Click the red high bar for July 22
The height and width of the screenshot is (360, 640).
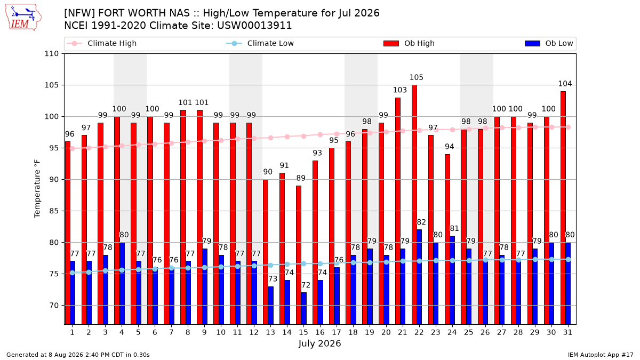[x=414, y=205]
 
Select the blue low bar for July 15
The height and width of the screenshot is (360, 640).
[x=303, y=308]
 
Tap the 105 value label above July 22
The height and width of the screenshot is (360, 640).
[x=417, y=77]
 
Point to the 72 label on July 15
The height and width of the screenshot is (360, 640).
[x=306, y=285]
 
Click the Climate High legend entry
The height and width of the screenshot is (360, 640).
[x=101, y=43]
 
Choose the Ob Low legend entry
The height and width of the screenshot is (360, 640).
[x=549, y=43]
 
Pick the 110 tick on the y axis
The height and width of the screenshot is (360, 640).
[x=51, y=54]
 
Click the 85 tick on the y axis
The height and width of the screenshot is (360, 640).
[x=54, y=211]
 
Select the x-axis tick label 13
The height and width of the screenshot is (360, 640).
[x=270, y=333]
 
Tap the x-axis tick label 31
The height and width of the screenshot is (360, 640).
[x=567, y=333]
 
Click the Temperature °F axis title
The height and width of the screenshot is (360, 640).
[x=37, y=189]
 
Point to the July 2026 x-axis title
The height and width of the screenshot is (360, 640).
[x=319, y=343]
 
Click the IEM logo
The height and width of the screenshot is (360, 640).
[x=23, y=18]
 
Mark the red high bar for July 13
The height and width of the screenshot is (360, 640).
[x=266, y=252]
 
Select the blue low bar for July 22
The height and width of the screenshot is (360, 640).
[x=419, y=277]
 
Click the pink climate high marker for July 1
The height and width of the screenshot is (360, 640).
[x=73, y=149]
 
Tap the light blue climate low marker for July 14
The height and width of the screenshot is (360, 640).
[x=287, y=265]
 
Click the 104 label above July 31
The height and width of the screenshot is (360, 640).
[x=565, y=84]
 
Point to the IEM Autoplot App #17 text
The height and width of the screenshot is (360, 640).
[x=601, y=355]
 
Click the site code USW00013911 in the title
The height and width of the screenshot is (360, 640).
[x=254, y=26]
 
